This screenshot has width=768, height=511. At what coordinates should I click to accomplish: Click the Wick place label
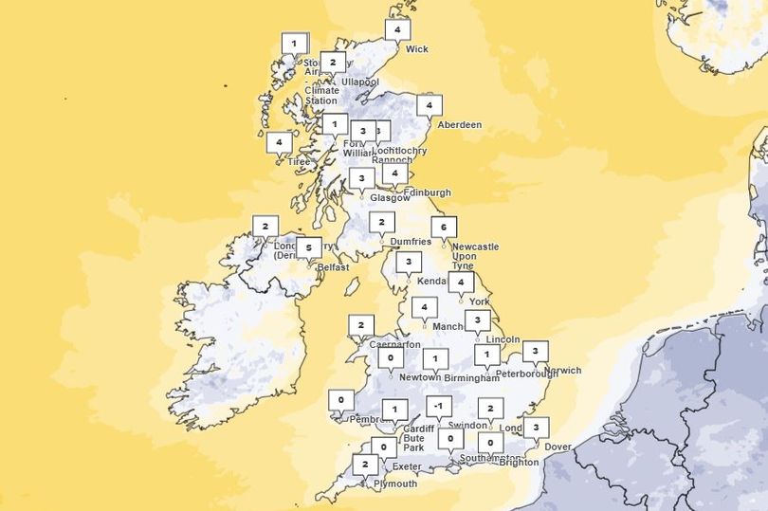(417, 49)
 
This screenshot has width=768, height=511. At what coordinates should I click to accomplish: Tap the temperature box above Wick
(396, 30)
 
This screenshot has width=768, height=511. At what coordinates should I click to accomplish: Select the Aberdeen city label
(460, 125)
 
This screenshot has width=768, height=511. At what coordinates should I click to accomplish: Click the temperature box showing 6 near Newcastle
(442, 228)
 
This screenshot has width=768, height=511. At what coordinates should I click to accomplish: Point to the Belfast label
(333, 267)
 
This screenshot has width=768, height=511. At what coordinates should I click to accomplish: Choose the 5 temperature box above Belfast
(307, 248)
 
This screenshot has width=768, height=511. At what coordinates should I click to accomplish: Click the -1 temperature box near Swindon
(437, 407)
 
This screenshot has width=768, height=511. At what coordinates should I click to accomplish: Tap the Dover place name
(558, 447)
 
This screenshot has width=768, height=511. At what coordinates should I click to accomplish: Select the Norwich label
(562, 371)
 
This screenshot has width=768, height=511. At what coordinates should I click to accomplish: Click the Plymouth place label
(395, 484)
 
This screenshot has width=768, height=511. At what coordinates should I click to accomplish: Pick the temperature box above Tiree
(278, 143)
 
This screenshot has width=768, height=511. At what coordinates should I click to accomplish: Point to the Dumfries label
(411, 243)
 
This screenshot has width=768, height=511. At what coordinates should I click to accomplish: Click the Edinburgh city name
(428, 192)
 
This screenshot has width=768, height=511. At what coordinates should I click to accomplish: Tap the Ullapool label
(359, 82)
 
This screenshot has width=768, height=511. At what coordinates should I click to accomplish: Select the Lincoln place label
(502, 339)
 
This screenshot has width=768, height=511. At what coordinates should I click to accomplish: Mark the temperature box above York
(461, 283)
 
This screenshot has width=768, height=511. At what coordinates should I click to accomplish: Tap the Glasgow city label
(389, 198)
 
